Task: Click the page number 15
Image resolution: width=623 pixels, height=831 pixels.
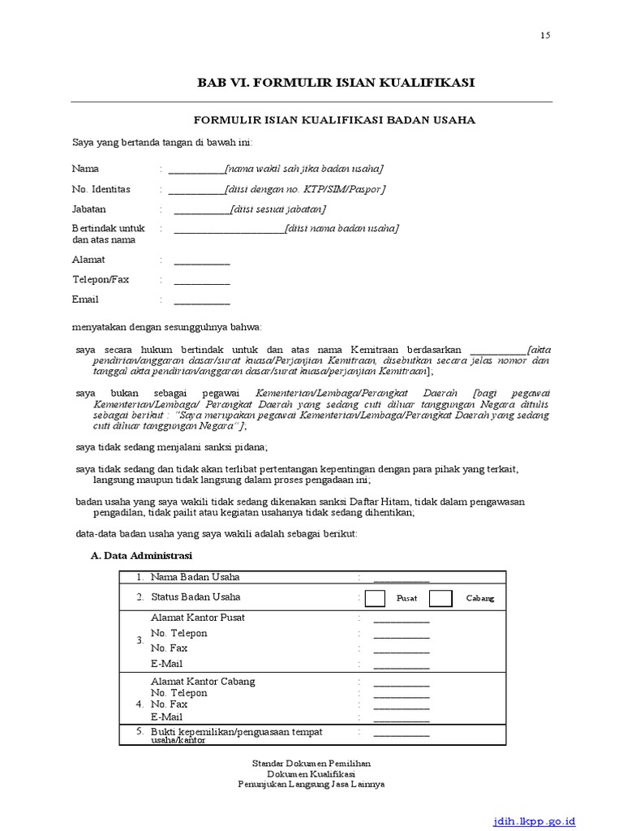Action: pyautogui.click(x=544, y=36)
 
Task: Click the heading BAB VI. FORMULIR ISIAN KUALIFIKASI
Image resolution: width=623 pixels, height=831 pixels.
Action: pyautogui.click(x=337, y=83)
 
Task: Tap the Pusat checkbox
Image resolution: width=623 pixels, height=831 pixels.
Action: pyautogui.click(x=376, y=598)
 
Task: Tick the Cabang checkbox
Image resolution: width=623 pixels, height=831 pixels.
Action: pyautogui.click(x=440, y=598)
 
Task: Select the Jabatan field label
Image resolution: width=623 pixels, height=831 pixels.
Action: pyautogui.click(x=89, y=209)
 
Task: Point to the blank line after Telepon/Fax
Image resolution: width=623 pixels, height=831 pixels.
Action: pyautogui.click(x=202, y=282)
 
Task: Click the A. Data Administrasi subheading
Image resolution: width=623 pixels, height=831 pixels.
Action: pyautogui.click(x=141, y=555)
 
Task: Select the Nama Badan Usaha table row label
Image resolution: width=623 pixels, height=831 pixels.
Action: pyautogui.click(x=195, y=577)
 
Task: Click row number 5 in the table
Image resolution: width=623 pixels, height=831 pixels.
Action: pyautogui.click(x=140, y=732)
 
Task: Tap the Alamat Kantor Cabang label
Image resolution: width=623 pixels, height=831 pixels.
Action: pyautogui.click(x=203, y=681)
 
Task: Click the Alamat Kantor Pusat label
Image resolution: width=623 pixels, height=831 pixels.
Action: pyautogui.click(x=197, y=618)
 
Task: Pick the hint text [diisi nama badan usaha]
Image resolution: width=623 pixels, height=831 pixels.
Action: pyautogui.click(x=342, y=229)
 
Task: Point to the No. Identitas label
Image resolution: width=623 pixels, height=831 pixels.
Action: pyautogui.click(x=101, y=189)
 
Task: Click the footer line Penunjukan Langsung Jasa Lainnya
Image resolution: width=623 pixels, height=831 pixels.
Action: pyautogui.click(x=311, y=785)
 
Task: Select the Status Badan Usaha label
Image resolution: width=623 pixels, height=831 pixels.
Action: pyautogui.click(x=195, y=597)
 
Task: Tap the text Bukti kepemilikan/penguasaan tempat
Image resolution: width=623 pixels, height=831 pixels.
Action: pyautogui.click(x=236, y=731)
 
